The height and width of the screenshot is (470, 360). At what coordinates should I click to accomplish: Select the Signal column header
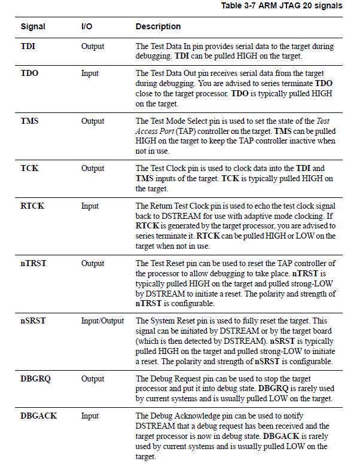click(33, 27)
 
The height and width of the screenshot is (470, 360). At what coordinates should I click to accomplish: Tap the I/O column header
click(87, 27)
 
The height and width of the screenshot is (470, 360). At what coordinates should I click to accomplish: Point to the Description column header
click(158, 27)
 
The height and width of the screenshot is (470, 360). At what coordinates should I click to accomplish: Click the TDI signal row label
click(29, 47)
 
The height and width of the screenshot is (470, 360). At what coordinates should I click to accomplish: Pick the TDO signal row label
click(30, 74)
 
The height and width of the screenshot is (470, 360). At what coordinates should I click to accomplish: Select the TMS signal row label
click(30, 121)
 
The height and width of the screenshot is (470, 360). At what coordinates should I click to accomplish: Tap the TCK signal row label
click(30, 168)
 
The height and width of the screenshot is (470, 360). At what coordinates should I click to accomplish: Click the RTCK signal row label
click(33, 206)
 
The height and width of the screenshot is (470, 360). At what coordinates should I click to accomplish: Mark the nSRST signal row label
click(33, 321)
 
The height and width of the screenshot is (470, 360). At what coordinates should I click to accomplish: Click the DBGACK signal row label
click(39, 416)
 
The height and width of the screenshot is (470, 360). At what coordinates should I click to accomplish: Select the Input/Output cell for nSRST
click(102, 321)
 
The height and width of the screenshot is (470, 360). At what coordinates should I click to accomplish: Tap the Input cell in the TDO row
click(90, 74)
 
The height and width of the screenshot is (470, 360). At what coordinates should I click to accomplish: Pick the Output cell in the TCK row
click(93, 168)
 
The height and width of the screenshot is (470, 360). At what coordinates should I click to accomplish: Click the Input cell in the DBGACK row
click(90, 416)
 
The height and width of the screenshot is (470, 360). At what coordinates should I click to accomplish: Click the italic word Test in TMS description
click(322, 121)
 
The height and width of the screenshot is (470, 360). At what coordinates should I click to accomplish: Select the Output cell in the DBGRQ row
click(93, 379)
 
